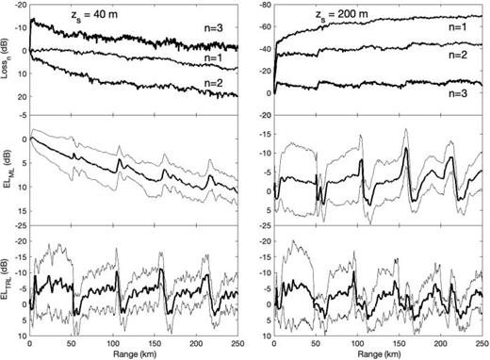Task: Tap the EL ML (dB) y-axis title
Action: pos(8,170)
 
